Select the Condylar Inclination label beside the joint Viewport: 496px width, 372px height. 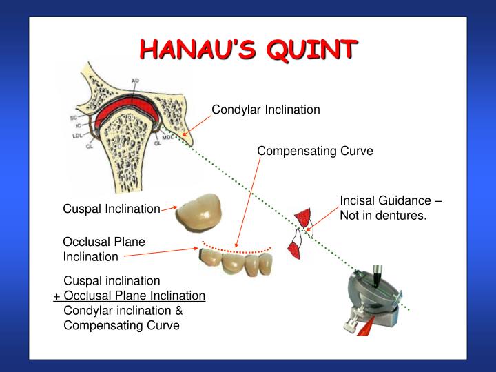[265, 110]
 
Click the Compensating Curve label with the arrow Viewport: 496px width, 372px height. [315, 151]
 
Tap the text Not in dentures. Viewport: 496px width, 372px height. [383, 216]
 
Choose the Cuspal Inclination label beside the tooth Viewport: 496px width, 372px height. [112, 209]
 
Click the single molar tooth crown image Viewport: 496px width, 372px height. [198, 211]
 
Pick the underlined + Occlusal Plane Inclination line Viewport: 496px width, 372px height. [130, 296]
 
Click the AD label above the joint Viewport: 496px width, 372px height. [135, 81]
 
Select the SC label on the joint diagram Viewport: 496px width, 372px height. [74, 118]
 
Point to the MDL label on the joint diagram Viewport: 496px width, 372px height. [167, 136]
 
